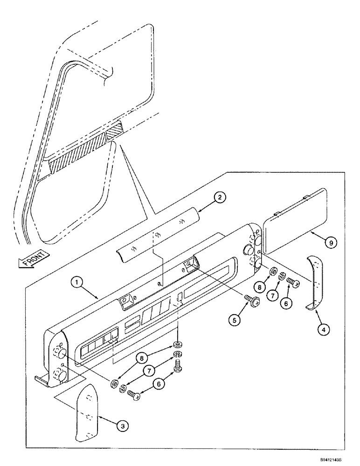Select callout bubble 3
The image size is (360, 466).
123,425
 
